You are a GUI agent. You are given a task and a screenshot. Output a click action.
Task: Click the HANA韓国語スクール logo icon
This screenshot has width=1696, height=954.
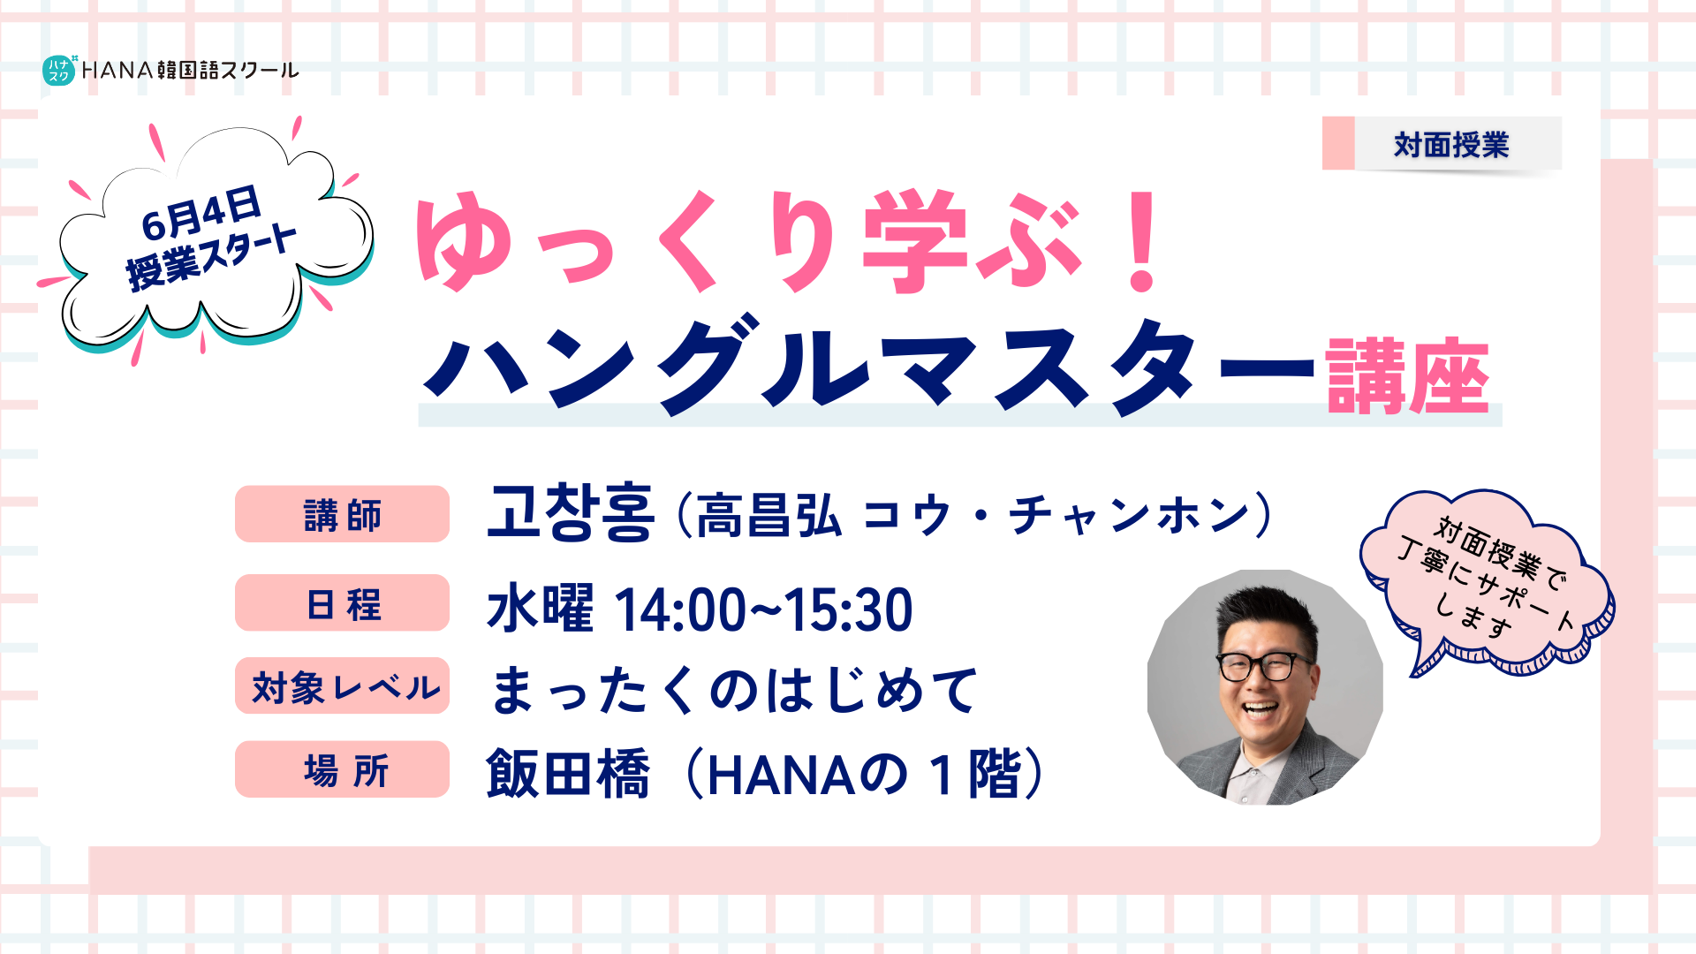59,70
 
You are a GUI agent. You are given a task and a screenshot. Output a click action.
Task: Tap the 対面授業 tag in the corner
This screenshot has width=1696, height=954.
1442,144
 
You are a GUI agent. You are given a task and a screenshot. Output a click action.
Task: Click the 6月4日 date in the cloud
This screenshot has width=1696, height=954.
201,213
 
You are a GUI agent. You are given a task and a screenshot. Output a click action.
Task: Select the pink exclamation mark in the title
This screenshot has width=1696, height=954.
1142,241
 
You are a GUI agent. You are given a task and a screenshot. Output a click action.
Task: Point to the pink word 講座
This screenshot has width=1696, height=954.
1407,376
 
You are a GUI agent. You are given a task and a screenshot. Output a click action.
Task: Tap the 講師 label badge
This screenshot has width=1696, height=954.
342,514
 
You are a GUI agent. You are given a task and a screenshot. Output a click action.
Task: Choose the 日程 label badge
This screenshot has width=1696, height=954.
342,603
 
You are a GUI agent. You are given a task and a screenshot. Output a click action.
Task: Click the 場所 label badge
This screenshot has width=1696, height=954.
342,769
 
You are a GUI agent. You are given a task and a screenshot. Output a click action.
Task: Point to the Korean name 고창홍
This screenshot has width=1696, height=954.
571,513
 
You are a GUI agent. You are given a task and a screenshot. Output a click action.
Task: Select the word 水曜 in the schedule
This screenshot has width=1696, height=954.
540,608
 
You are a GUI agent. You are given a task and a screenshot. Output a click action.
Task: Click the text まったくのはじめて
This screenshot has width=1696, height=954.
734,690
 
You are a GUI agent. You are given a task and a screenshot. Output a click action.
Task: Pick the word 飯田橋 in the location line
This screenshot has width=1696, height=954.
568,774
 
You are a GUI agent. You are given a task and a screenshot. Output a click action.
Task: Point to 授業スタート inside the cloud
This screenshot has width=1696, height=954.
212,258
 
